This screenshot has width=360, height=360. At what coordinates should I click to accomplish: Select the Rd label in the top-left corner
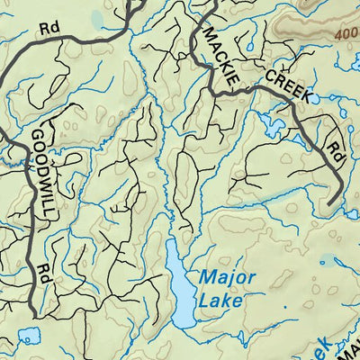49,27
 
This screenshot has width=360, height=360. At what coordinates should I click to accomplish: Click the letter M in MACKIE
210,33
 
